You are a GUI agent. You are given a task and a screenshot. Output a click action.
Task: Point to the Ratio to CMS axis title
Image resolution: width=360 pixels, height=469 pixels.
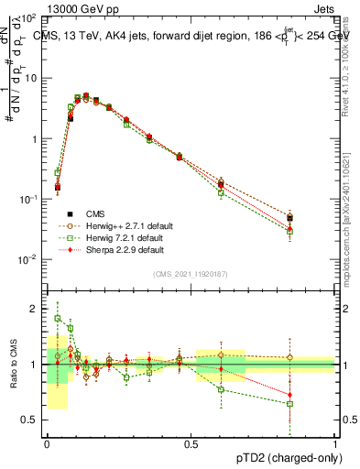pyautogui.click(x=13, y=365)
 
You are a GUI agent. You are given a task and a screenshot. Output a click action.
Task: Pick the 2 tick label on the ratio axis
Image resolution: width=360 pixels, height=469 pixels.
pyautogui.click(x=35, y=310)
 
